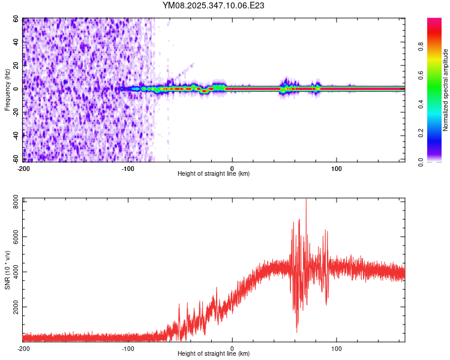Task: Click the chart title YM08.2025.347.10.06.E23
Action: point(214,5)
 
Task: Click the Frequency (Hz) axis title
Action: point(7,89)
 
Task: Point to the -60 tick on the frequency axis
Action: point(17,159)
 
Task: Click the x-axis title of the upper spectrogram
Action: point(214,174)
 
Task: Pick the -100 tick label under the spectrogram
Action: point(128,168)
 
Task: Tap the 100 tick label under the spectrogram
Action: point(337,168)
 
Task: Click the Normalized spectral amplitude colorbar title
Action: point(446,90)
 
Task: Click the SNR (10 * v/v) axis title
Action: point(7,270)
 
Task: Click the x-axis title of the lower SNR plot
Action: point(214,354)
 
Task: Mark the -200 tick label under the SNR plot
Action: point(23,348)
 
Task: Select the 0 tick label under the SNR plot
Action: point(232,348)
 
